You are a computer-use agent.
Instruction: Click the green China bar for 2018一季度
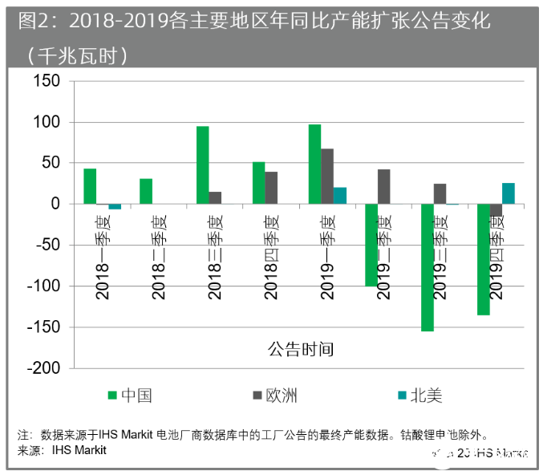tap(90, 186)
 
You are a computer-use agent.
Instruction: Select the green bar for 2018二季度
tap(146, 191)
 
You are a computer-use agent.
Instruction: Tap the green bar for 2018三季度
tap(202, 165)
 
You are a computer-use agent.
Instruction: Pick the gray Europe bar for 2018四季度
tap(271, 188)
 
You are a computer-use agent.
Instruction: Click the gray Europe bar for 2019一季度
tap(327, 177)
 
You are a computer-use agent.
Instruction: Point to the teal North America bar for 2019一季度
tap(340, 196)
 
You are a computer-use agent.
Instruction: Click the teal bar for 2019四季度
tap(509, 193)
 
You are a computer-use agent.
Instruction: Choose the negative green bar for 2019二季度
tap(371, 245)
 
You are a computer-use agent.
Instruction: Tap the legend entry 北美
tap(426, 396)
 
